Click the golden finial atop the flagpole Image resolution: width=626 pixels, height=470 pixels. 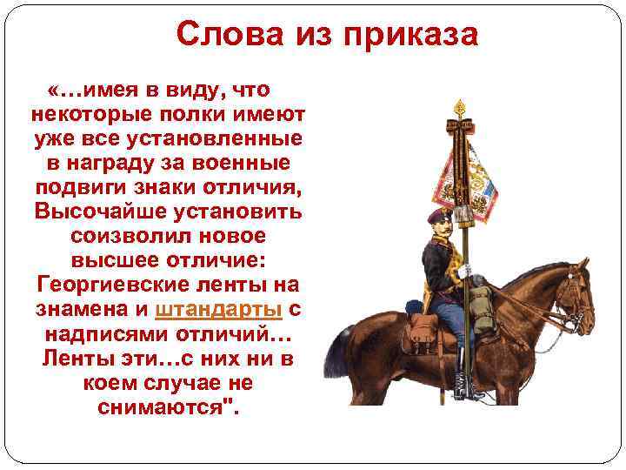pos(459,109)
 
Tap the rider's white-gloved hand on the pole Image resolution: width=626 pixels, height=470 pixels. pos(465,272)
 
